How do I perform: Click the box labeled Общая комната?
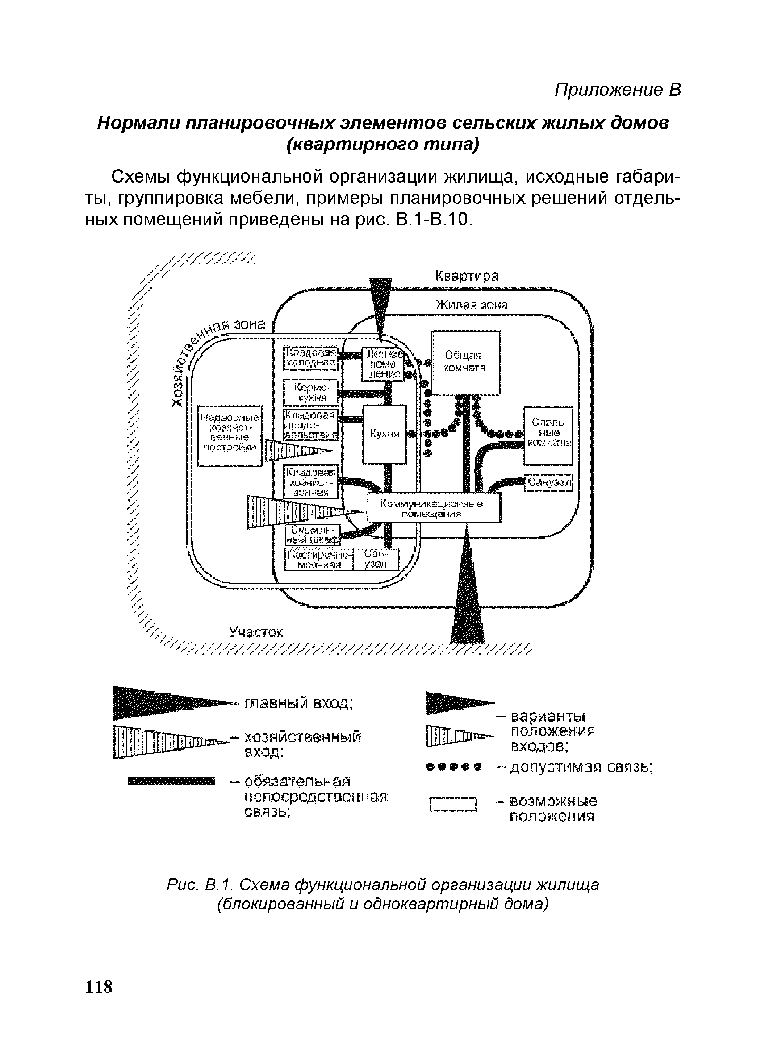point(466,362)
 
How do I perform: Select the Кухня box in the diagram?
point(384,434)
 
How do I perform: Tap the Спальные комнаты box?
point(548,435)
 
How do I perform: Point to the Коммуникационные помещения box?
point(434,507)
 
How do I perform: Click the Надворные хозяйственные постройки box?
point(230,435)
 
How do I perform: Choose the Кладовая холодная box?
point(311,357)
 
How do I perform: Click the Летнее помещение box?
point(382,364)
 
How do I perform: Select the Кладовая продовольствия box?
point(311,425)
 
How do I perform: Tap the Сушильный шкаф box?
point(313,535)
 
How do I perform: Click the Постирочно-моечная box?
point(318,559)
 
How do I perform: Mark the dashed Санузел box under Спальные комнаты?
point(549,482)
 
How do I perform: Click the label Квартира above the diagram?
point(466,276)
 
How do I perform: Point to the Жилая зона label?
point(471,305)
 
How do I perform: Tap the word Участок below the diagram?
point(256,632)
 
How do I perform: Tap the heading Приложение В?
point(618,90)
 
